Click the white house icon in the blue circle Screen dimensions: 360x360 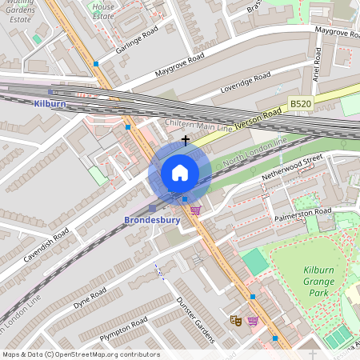click(180, 173)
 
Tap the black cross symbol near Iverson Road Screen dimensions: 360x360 click(186, 139)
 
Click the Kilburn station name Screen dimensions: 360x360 click(50, 104)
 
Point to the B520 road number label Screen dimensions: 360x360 click(300, 104)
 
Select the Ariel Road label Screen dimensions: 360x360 click(318, 62)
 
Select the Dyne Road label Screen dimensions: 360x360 click(90, 298)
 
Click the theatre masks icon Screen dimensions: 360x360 click(235, 320)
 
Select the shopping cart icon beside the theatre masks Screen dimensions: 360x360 click(253, 321)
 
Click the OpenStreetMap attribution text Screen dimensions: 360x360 click(80, 354)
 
